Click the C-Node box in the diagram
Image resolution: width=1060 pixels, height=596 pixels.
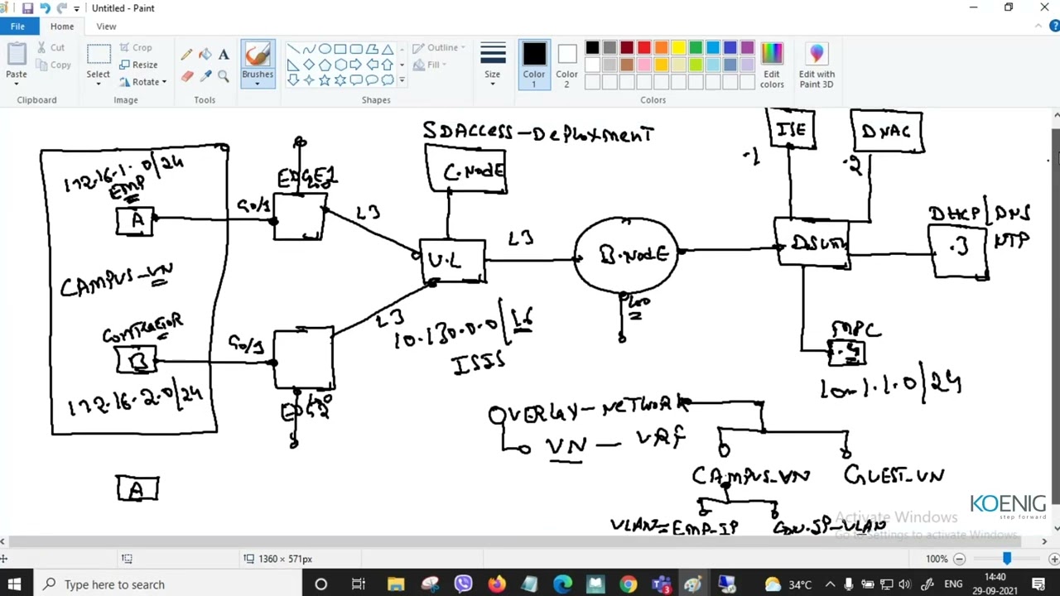point(466,170)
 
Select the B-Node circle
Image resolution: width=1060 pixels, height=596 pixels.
point(627,254)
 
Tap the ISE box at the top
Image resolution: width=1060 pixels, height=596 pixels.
point(792,129)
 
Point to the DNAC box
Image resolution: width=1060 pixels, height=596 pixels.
point(886,132)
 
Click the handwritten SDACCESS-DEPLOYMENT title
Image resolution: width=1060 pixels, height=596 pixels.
point(538,133)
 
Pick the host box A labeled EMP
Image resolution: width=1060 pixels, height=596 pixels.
point(135,221)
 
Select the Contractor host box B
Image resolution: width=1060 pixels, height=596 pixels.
point(136,361)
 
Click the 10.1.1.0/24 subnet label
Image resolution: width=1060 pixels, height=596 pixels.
point(890,386)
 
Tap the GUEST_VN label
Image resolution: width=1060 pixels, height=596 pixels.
point(894,476)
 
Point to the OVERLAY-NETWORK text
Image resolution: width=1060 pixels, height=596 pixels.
point(588,410)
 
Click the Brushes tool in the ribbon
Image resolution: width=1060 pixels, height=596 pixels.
point(258,62)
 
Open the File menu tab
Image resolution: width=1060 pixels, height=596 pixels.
point(17,26)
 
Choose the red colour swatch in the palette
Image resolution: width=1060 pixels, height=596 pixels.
point(643,48)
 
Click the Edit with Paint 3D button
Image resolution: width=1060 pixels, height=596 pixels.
point(817,65)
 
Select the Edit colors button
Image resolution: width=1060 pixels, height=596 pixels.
point(772,65)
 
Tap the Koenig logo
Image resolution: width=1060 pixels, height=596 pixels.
point(1008,505)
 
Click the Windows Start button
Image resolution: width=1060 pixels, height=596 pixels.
point(14,584)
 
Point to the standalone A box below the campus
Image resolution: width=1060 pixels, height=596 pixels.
point(137,489)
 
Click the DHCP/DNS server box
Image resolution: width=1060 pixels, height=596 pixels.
point(959,249)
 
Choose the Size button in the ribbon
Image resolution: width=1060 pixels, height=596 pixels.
point(493,62)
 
